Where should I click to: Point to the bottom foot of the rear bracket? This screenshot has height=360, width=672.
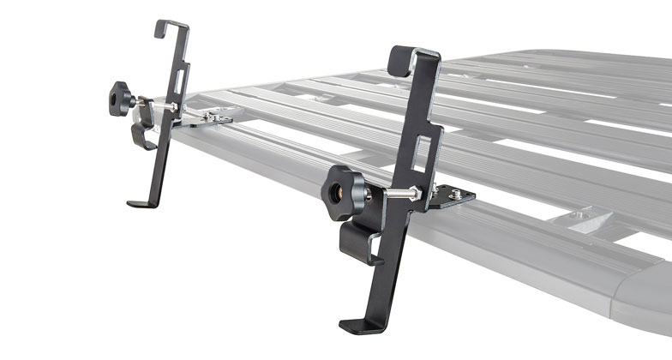(141, 203)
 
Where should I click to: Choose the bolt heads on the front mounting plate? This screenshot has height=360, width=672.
(458, 196)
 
